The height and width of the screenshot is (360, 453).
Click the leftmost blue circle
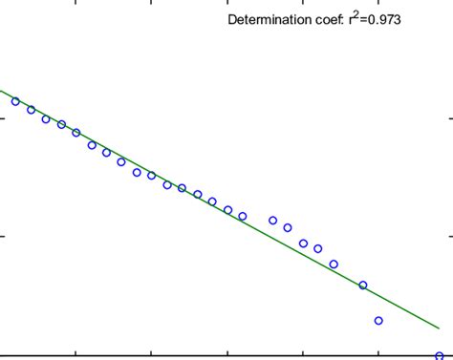15,101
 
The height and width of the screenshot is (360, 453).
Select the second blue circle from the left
31,110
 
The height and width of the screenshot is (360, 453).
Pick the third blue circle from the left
46,119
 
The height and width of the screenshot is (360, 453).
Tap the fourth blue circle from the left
61,124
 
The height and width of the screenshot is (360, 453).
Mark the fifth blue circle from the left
76,133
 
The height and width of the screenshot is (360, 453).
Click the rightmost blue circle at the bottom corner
439,355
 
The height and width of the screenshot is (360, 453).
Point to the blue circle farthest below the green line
378,321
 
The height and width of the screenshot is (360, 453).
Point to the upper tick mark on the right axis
448,120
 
